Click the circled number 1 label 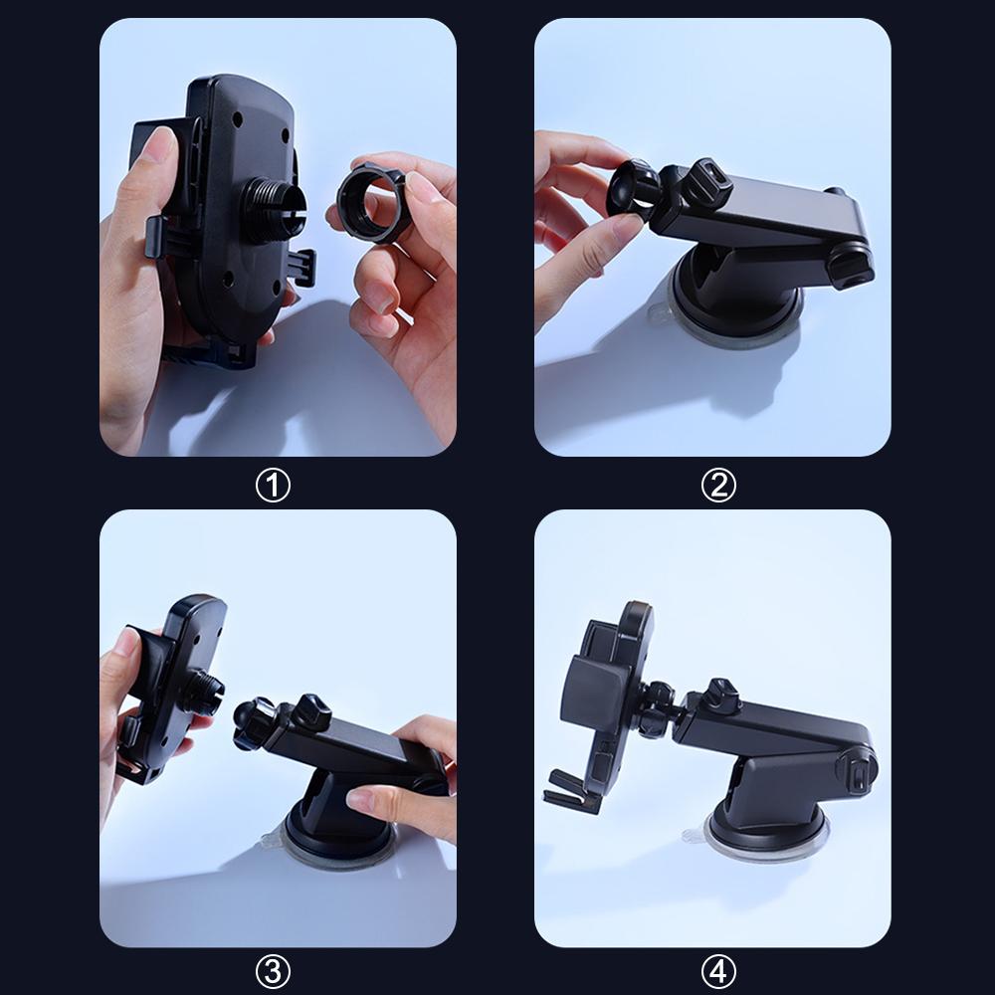[274, 486]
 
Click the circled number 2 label [718, 486]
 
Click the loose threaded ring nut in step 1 [373, 205]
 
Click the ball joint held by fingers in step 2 [634, 188]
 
